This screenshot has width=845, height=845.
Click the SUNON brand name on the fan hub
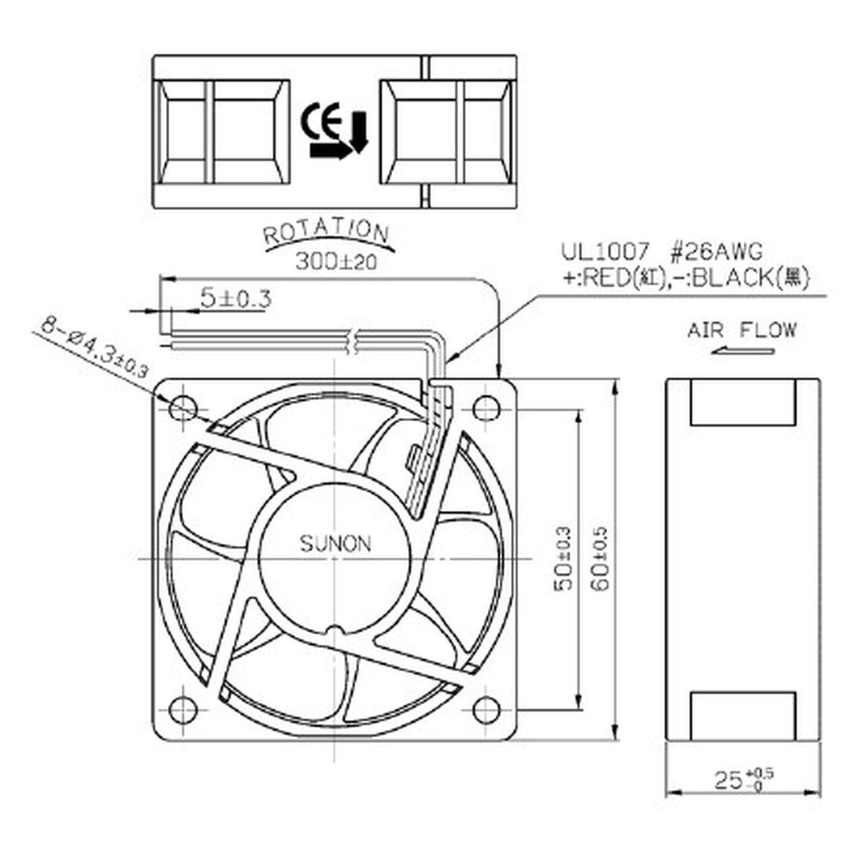336,544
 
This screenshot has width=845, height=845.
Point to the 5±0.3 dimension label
235,298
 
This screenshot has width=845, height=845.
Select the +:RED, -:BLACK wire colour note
684,278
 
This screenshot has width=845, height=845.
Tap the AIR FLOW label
742,330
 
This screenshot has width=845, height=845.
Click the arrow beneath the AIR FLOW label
742,351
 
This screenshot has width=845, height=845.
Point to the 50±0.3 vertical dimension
563,558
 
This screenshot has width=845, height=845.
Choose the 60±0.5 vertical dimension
602,558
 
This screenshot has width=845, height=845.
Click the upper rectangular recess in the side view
742,403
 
